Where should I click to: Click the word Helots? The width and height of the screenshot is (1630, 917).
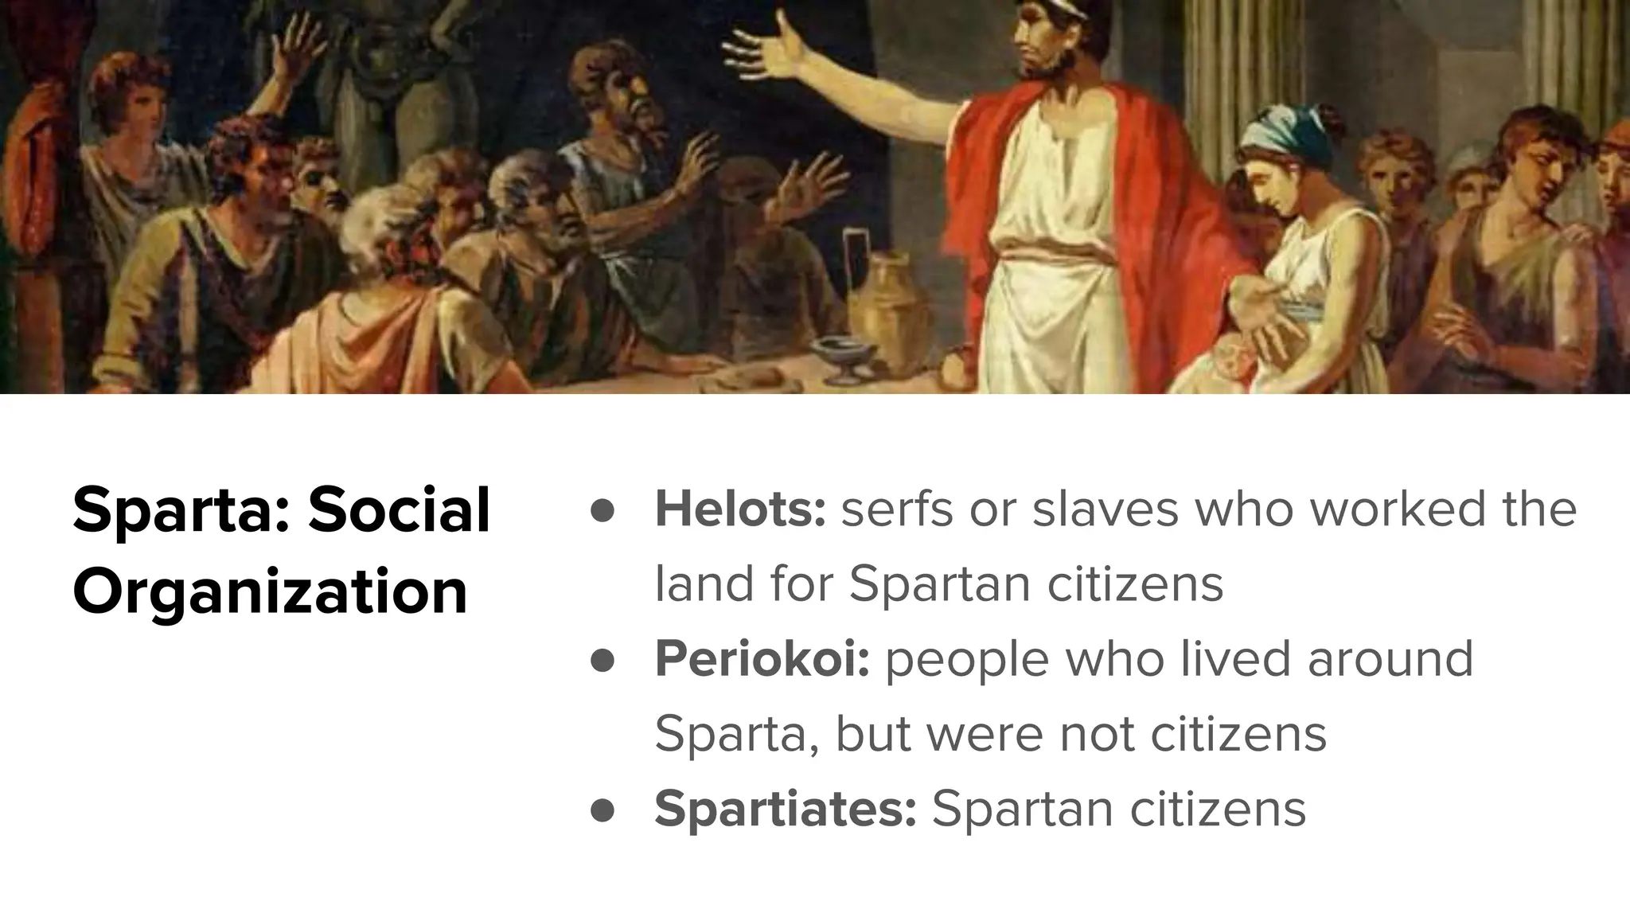(739, 509)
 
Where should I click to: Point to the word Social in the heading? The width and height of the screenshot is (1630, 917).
(400, 509)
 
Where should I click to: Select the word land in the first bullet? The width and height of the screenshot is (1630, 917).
(703, 584)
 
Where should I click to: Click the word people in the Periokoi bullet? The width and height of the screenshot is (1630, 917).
(967, 659)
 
